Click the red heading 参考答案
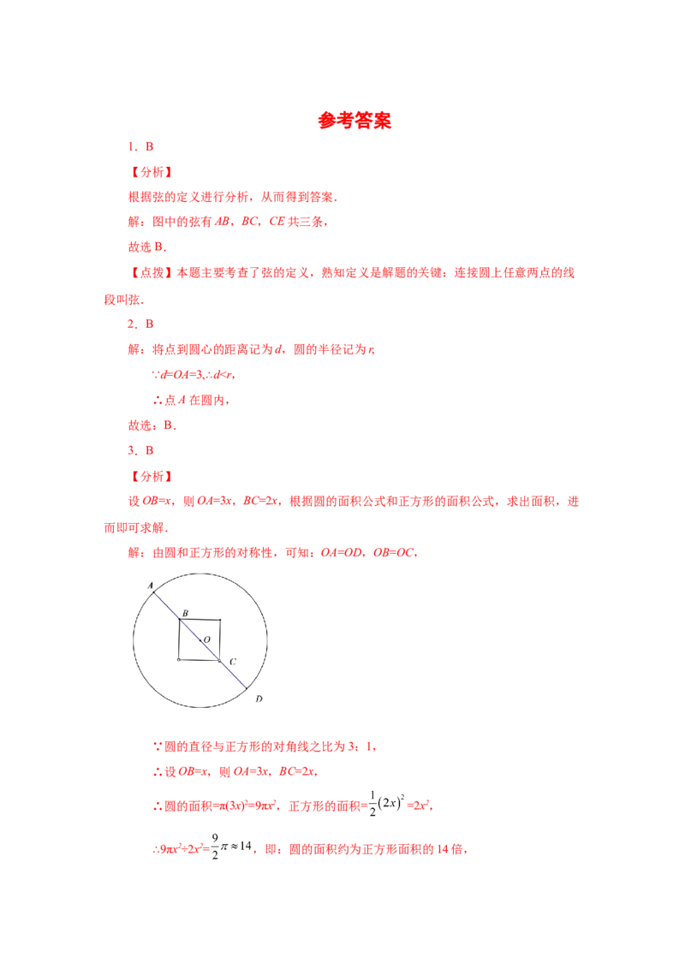point(354,120)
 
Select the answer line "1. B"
point(140,146)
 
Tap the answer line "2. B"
point(140,324)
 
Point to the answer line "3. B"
point(140,450)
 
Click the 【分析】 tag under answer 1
point(152,172)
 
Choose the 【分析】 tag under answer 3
point(152,476)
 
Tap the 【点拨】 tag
point(152,272)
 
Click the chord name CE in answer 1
point(277,221)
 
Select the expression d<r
point(223,374)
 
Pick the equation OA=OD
point(342,552)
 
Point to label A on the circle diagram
point(150,585)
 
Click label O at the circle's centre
point(207,639)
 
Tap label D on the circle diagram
point(259,699)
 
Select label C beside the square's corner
point(232,662)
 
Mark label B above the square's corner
point(185,613)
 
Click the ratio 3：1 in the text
point(361,746)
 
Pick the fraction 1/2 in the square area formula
point(372,804)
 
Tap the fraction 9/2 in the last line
point(215,847)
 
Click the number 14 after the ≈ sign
point(246,846)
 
